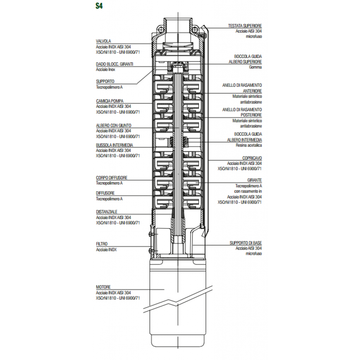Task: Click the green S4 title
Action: click(x=99, y=6)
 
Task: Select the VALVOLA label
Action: click(x=103, y=41)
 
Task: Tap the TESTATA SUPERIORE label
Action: click(x=245, y=26)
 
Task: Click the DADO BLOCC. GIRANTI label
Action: click(x=114, y=64)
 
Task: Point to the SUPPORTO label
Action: click(x=105, y=81)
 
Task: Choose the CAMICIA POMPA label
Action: click(x=110, y=101)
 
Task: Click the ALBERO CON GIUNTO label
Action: click(x=114, y=126)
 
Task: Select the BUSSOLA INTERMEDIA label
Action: click(x=114, y=145)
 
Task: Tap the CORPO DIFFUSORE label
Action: click(x=111, y=178)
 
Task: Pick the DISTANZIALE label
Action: click(x=107, y=212)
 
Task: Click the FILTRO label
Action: click(x=102, y=244)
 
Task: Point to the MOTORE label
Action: click(x=103, y=287)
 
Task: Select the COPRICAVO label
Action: click(x=252, y=158)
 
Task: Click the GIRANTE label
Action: click(x=255, y=180)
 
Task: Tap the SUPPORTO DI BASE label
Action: click(x=246, y=243)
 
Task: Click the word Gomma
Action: click(x=255, y=67)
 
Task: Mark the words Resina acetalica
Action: click(x=249, y=145)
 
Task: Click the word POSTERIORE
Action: click(x=251, y=115)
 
